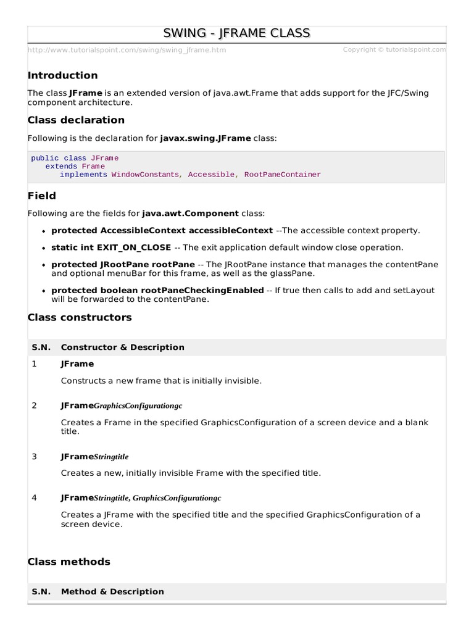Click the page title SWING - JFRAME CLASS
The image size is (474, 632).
236,33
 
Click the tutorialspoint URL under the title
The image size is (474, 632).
127,50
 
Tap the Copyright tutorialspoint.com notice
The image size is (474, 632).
394,50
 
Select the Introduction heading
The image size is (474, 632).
62,75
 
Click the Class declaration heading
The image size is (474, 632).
76,120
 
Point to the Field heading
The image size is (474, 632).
42,196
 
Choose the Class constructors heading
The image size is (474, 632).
80,317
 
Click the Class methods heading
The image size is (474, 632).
69,562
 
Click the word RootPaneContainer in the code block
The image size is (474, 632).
283,175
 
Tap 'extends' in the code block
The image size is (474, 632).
62,167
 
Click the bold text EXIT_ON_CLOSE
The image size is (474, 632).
133,247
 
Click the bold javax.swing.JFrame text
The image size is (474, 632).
206,138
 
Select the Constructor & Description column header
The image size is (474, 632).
122,347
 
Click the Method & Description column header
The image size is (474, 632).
112,592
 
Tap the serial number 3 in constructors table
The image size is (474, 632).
35,457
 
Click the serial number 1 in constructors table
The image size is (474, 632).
35,364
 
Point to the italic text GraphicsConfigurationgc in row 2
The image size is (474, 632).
138,406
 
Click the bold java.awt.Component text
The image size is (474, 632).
190,214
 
